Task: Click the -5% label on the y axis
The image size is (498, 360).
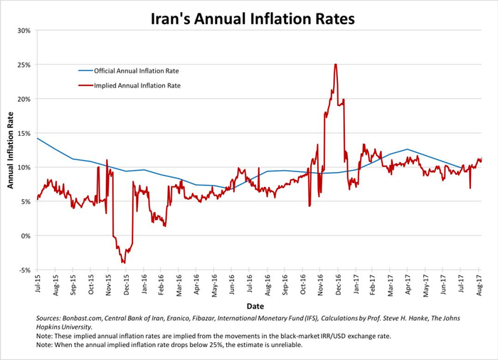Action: (23, 270)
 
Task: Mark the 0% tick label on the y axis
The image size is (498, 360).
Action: (25, 235)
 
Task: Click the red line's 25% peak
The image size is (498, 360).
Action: (334, 65)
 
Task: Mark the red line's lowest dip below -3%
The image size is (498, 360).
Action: (124, 263)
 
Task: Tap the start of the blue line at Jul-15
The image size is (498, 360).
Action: (37, 138)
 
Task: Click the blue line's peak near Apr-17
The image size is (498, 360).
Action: (407, 149)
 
